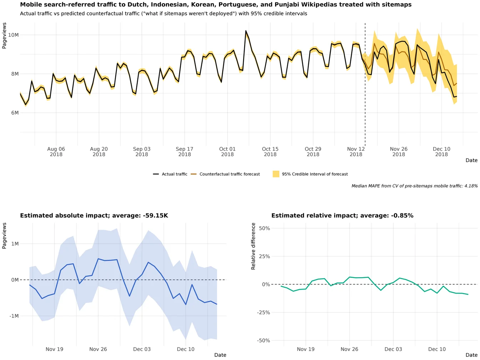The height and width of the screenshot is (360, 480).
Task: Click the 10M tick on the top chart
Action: pyautogui.click(x=14, y=35)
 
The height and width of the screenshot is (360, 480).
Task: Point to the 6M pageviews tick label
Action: pyautogui.click(x=14, y=113)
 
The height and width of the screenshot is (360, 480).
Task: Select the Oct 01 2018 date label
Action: pyautogui.click(x=227, y=152)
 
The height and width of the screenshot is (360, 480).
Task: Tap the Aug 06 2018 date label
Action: pyautogui.click(x=56, y=152)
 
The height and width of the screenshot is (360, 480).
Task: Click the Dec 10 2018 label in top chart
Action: pyautogui.click(x=441, y=152)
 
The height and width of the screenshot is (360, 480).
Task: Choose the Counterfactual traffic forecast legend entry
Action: pyautogui.click(x=229, y=174)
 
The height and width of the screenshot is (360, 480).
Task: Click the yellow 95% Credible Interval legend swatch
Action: pyautogui.click(x=276, y=174)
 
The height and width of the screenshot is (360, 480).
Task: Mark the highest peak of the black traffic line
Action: pyautogui.click(x=246, y=31)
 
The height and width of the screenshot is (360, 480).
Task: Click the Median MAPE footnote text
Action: pyautogui.click(x=414, y=186)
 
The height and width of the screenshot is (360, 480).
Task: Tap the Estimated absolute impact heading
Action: pyautogui.click(x=94, y=216)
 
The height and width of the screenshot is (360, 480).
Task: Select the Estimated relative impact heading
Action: pyautogui.click(x=342, y=216)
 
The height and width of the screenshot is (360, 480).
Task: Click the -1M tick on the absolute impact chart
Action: pyautogui.click(x=14, y=316)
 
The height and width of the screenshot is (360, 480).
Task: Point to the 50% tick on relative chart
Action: pyautogui.click(x=264, y=228)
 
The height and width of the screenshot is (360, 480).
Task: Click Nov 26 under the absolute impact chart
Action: pyautogui.click(x=98, y=349)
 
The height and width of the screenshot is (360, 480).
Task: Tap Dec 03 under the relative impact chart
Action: pyautogui.click(x=393, y=349)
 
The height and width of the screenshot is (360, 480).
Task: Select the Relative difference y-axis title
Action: pyautogui.click(x=254, y=246)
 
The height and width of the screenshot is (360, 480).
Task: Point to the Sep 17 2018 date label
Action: pyautogui.click(x=184, y=152)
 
